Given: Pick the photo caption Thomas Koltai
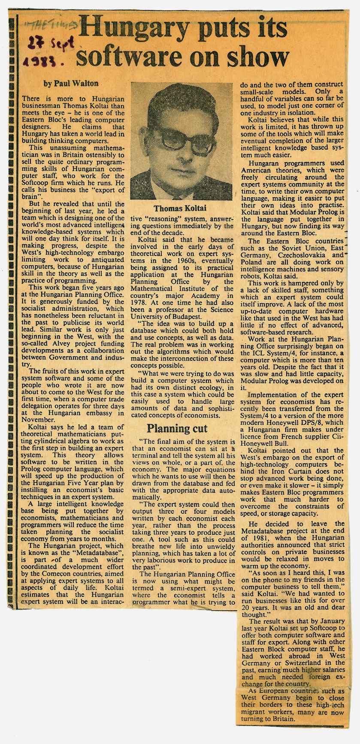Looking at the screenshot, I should click(x=180, y=208).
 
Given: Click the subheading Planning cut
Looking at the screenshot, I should click(x=177, y=428).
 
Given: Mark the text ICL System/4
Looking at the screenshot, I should click(x=278, y=360).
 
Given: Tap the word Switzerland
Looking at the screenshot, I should click(x=305, y=663).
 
